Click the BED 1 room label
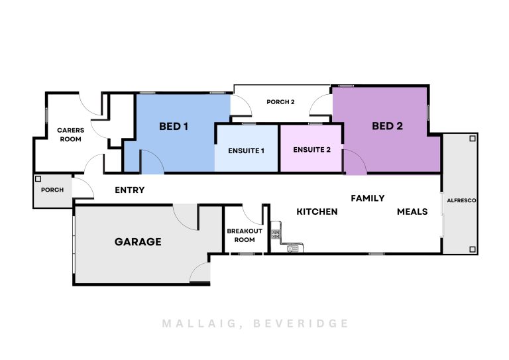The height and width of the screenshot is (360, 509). point(174,126)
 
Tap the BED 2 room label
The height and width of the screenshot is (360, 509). point(387,126)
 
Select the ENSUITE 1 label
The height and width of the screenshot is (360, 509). point(246,150)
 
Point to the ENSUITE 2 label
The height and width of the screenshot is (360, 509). point(311,150)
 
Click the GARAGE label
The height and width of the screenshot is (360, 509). point(138,241)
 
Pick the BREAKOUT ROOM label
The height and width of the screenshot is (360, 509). point(245,235)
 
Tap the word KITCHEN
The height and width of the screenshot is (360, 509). point(317,211)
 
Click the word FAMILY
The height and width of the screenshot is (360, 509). point(367,198)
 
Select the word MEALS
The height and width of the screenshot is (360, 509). point(412,211)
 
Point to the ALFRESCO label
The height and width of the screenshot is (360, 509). point(461,201)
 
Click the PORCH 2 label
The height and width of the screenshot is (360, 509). point(280,102)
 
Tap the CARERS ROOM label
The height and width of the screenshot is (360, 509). point(70,135)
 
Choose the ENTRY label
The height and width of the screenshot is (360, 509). point(129,190)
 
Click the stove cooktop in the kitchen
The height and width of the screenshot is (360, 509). point(276,234)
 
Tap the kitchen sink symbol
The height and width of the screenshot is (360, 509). point(293,249)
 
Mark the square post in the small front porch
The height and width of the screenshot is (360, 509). point(38,179)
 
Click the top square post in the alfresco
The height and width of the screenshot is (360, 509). point(473,139)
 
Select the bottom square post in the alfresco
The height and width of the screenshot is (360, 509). point(473,249)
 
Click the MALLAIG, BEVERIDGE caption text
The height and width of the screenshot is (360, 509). point(255,324)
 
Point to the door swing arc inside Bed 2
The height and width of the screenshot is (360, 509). point(355,162)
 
